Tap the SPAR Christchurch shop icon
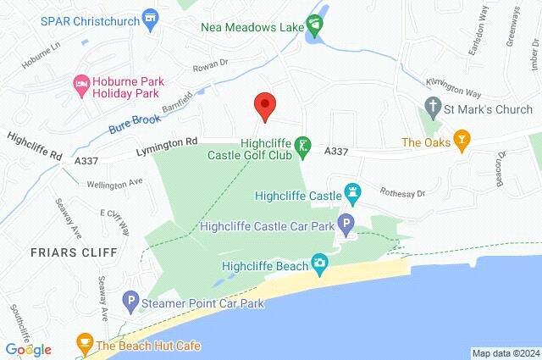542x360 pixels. [x=152, y=17]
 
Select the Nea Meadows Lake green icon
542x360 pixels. [x=316, y=26]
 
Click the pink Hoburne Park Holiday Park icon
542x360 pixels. [x=82, y=82]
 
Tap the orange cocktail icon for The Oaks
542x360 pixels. [x=462, y=141]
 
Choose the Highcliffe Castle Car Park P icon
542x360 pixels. [x=346, y=225]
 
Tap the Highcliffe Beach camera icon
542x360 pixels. [x=319, y=265]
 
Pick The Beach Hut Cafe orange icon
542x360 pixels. [x=84, y=344]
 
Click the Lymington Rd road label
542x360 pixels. [x=168, y=147]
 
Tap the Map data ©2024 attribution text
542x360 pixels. [x=506, y=352]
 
